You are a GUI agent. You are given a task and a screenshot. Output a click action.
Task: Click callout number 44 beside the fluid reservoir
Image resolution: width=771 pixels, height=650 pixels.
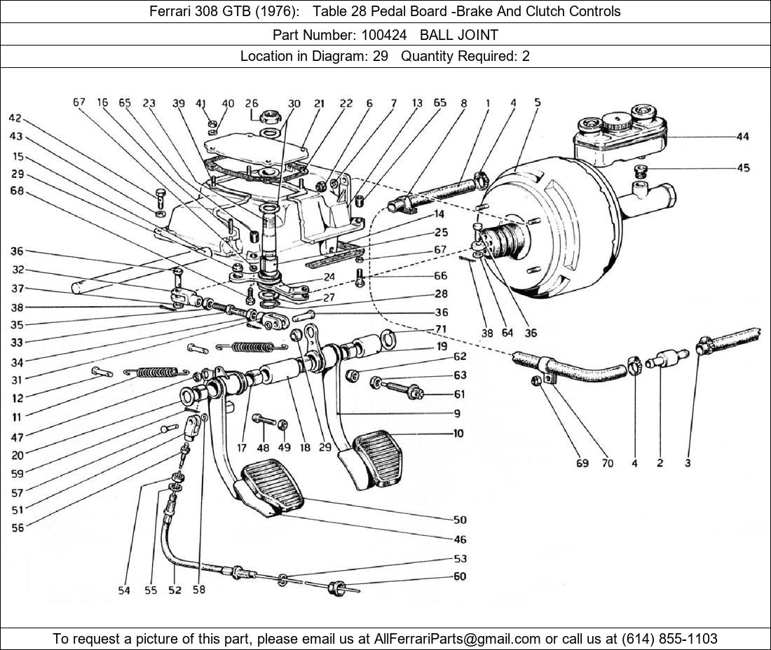(742, 137)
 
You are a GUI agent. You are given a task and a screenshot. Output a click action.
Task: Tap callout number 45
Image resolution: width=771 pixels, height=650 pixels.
(742, 168)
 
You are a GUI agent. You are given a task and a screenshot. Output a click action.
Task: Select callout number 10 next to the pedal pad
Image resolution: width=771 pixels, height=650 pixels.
(458, 434)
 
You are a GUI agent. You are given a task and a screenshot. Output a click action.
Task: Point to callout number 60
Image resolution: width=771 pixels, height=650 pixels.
(459, 576)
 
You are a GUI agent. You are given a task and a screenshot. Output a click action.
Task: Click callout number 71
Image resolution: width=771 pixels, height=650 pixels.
(440, 329)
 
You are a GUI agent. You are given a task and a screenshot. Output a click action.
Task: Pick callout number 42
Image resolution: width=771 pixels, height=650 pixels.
(15, 118)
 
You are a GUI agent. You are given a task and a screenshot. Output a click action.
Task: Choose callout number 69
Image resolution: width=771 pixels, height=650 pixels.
(582, 463)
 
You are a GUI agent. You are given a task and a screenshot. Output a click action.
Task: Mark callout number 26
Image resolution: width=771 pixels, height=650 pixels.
(252, 104)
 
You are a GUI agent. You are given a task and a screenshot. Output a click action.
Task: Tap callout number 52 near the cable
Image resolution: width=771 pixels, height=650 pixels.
(175, 590)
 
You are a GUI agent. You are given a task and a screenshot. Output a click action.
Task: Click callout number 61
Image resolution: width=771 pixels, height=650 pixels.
(458, 394)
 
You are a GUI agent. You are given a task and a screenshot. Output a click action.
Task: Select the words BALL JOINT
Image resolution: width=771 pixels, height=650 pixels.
(459, 34)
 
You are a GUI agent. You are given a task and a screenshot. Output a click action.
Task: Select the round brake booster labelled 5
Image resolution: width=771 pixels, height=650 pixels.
(554, 231)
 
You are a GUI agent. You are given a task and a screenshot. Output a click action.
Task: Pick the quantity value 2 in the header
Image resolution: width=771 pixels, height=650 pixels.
(526, 56)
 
